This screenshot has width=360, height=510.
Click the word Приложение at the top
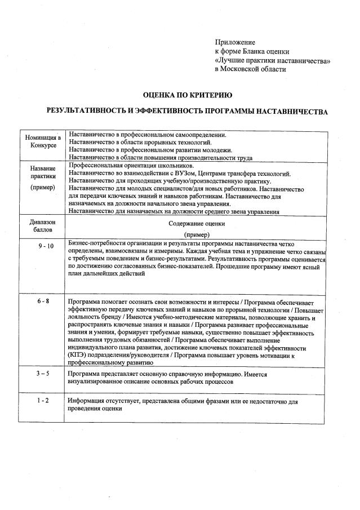coord(235,42)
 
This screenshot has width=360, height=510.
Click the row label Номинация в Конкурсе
coord(42,141)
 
